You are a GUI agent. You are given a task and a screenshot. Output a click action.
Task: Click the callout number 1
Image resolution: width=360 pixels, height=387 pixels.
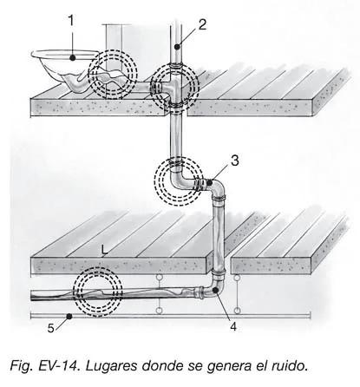pyautogui.click(x=71, y=21)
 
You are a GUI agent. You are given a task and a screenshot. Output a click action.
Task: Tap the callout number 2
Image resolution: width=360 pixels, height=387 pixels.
pyautogui.click(x=202, y=24)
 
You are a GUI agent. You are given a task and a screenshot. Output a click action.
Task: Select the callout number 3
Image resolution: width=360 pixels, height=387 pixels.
pyautogui.click(x=235, y=161)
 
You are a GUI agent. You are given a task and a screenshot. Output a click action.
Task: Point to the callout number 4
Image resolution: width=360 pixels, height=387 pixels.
pyautogui.click(x=233, y=326)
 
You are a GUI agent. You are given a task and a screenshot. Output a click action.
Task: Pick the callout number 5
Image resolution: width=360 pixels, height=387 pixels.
pyautogui.click(x=51, y=328)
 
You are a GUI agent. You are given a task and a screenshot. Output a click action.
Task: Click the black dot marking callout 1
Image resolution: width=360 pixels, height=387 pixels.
pyautogui.click(x=73, y=58)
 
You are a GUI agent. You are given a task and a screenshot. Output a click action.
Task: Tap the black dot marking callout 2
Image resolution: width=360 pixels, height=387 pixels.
pyautogui.click(x=177, y=46)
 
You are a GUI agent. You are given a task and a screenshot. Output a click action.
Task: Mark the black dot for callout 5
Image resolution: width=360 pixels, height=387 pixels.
pyautogui.click(x=69, y=317)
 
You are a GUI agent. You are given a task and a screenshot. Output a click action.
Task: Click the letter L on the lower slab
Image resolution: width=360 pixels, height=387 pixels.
pyautogui.click(x=104, y=250)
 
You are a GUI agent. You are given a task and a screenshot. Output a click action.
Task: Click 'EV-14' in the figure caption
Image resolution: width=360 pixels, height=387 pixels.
pyautogui.click(x=59, y=366)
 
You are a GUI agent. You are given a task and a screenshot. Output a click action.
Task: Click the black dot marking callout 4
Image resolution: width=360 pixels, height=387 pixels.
pyautogui.click(x=215, y=290)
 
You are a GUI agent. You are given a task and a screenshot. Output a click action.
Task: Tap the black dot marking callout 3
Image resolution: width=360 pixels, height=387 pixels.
pyautogui.click(x=209, y=182)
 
